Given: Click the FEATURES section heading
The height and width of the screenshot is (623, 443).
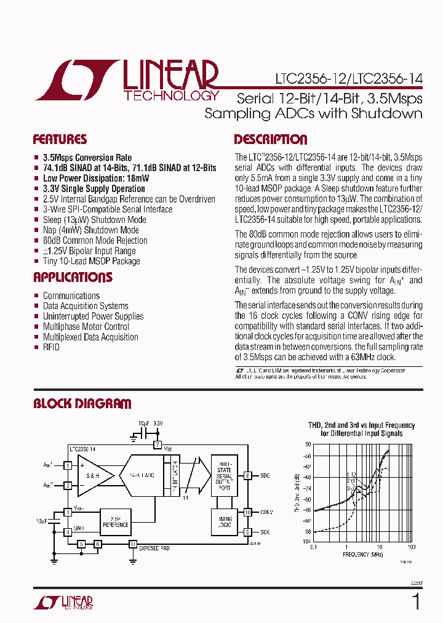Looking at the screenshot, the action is pos(60,139).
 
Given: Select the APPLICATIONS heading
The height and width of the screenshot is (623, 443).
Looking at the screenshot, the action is pos(73,277).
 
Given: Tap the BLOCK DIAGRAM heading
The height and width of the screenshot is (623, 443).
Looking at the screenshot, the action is pos(82,404).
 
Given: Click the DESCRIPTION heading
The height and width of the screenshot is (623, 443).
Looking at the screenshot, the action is pos(270,139).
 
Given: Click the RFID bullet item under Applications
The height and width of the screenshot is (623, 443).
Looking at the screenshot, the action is pos(51,347).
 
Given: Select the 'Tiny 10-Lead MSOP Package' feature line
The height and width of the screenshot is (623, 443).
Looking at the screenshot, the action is pos(91,261).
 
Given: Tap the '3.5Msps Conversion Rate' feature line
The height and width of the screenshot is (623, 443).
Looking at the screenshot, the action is pos(87,158).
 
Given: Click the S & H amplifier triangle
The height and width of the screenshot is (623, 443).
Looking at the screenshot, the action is pos(94,475).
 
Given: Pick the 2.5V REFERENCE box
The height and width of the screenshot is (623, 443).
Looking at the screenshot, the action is pos(116,521).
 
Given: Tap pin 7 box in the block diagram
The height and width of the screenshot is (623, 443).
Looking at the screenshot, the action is pos(158,444).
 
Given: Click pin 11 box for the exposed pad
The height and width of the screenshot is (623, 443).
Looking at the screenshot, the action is pos(132,544).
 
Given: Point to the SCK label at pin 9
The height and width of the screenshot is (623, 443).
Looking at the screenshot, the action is pos(265,532).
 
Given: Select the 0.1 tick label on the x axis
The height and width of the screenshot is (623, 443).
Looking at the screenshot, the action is pos(314,547).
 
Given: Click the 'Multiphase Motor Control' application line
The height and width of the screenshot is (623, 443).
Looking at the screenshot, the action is pos(86,326).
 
